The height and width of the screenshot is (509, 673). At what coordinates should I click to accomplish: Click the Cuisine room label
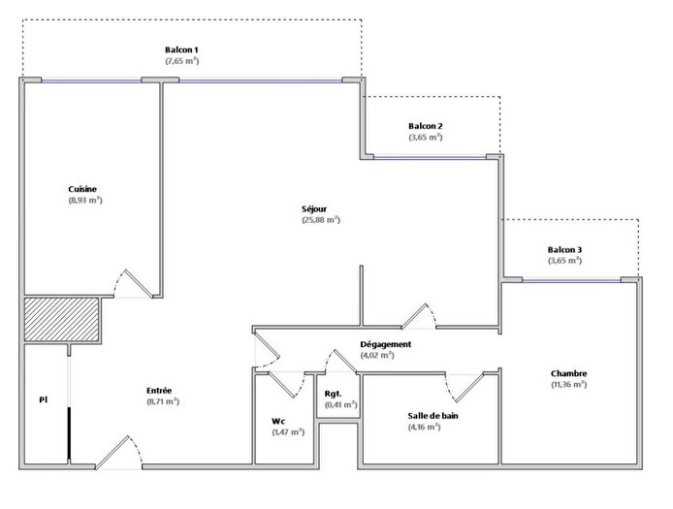click(82, 189)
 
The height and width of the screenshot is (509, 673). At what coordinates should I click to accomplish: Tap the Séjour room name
click(313, 208)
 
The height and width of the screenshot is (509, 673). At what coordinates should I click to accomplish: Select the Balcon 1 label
click(181, 49)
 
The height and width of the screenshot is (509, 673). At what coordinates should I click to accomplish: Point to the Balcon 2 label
click(426, 127)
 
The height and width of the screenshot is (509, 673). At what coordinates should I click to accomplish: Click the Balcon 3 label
click(564, 249)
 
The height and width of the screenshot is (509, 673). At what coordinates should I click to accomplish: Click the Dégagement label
click(386, 344)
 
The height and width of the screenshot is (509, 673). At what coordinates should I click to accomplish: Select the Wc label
click(277, 421)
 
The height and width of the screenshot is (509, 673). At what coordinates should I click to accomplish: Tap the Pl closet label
click(43, 398)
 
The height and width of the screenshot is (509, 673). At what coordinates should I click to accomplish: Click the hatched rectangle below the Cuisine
click(62, 318)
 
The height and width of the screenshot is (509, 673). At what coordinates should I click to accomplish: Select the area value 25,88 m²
click(321, 220)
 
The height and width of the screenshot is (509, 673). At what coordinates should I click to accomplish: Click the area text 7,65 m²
click(181, 61)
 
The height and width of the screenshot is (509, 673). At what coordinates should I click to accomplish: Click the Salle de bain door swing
click(462, 386)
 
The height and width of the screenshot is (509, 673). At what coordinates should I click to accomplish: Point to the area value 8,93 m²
click(85, 201)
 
